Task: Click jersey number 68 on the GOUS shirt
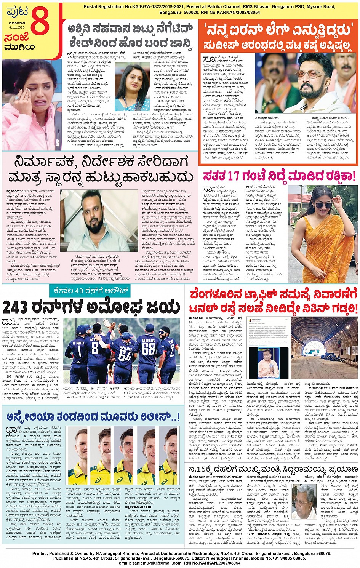[149, 348]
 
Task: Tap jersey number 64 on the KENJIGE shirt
[125, 354]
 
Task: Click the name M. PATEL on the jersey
[78, 343]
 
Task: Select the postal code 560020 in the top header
[198, 12]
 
